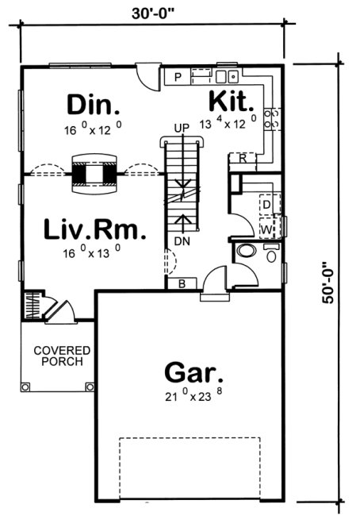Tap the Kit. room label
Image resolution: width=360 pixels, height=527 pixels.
[x=231, y=102]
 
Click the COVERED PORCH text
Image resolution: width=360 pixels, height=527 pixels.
[x=61, y=356]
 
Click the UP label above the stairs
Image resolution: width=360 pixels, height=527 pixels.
[x=181, y=128]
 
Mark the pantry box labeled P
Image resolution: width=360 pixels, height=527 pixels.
[x=178, y=77]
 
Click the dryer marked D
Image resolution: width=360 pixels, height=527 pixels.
[x=266, y=205]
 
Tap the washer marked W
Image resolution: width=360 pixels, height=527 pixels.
[x=266, y=229]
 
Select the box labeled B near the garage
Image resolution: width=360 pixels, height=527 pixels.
[x=182, y=283]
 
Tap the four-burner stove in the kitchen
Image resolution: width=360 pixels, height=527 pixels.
[x=274, y=118]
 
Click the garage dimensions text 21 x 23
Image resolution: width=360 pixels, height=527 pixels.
[x=193, y=398]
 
